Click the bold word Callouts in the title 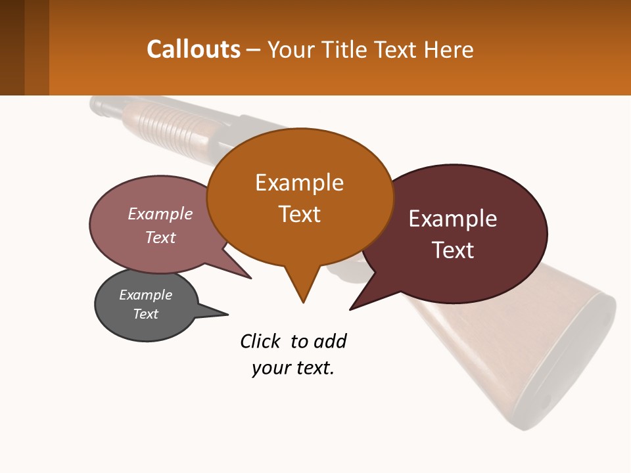tap(193, 49)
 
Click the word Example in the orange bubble tap(300, 183)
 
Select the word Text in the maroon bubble tap(453, 250)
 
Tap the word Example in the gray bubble tap(146, 295)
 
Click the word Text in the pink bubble tap(160, 237)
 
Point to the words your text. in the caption tap(293, 368)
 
